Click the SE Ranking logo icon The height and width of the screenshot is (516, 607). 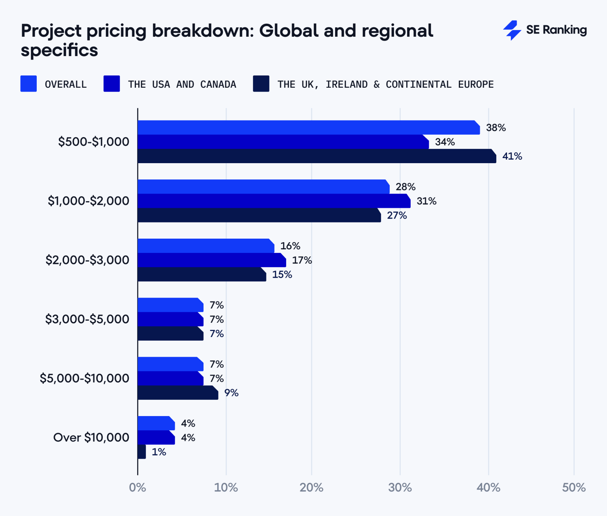(512, 30)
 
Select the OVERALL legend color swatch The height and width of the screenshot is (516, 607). (28, 84)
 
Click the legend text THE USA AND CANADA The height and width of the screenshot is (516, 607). (182, 84)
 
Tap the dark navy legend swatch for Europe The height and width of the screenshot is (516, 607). (261, 84)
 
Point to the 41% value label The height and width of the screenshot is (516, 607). (512, 156)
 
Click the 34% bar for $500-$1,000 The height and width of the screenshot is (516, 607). (283, 142)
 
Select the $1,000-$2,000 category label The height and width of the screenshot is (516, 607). (88, 201)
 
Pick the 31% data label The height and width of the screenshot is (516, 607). (426, 201)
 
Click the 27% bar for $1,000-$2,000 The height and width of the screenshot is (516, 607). (259, 215)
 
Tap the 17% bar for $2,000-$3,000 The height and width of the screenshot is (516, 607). (211, 260)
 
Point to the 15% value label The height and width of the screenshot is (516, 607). (282, 275)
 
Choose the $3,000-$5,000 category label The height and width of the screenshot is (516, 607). (87, 319)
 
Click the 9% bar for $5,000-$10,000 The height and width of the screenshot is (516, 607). (178, 393)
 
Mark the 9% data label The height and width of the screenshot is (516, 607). (231, 393)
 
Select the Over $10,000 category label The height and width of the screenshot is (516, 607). (91, 437)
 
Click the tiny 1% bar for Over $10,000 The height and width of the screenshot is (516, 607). (142, 452)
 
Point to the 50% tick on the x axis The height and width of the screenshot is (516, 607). (573, 488)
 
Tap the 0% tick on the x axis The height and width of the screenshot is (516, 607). (138, 488)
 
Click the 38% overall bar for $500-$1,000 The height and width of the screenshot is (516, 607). (308, 128)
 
